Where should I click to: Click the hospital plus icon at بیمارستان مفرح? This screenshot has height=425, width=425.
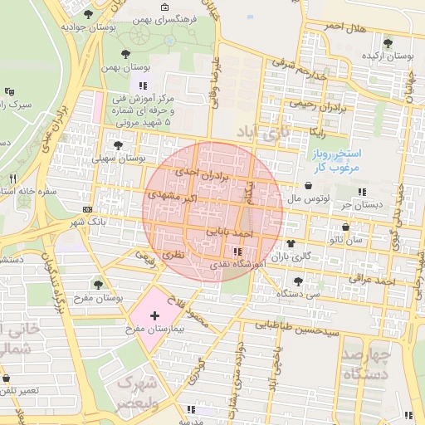point(155,316)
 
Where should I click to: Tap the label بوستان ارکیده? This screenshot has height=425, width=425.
point(388,56)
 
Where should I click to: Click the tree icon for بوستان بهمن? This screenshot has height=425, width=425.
point(125,53)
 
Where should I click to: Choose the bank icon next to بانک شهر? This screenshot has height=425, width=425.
point(88,209)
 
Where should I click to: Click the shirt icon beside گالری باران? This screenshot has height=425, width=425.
point(291,244)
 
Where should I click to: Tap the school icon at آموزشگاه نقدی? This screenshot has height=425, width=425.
point(237,252)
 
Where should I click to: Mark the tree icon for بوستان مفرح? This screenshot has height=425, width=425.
point(99,285)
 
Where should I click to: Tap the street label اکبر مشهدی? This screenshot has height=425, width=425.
point(171,198)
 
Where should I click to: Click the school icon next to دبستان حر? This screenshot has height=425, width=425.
point(361,192)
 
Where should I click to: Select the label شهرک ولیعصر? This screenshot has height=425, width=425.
point(137,392)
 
